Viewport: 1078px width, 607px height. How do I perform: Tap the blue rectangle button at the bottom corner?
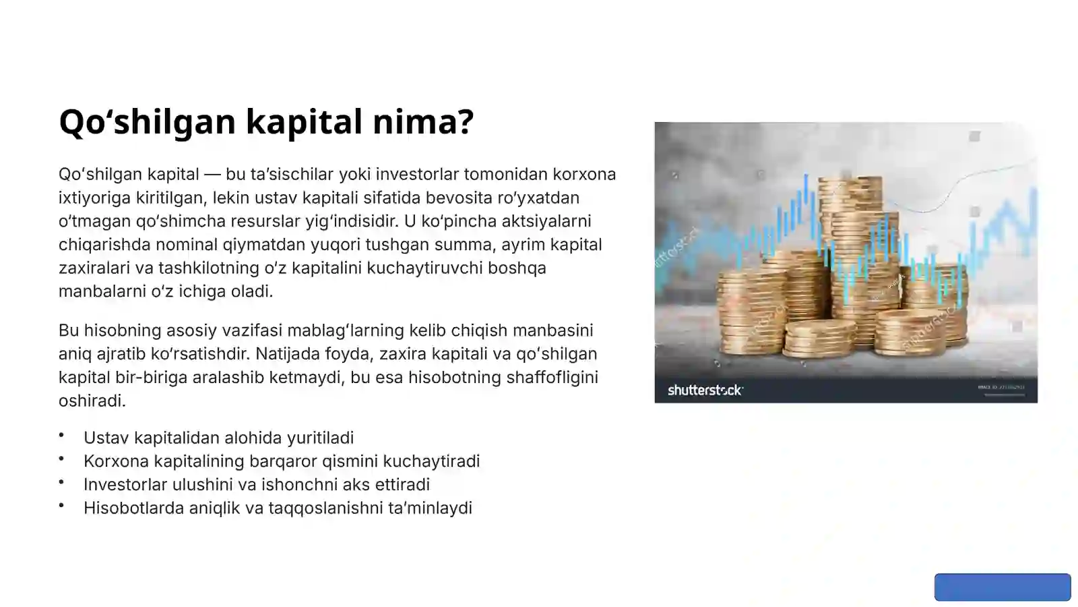coord(1002,587)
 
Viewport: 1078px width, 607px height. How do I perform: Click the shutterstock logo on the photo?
coord(705,390)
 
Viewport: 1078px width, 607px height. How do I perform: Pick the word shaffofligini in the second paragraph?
coord(552,377)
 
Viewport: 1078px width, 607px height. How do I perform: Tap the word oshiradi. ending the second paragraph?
coord(92,401)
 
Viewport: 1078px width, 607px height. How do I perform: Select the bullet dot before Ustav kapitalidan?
coord(61,436)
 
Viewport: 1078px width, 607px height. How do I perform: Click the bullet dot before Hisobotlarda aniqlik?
coord(61,506)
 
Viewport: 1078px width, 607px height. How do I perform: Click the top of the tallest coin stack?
coord(850,181)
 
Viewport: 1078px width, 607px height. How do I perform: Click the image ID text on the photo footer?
coord(1001,387)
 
